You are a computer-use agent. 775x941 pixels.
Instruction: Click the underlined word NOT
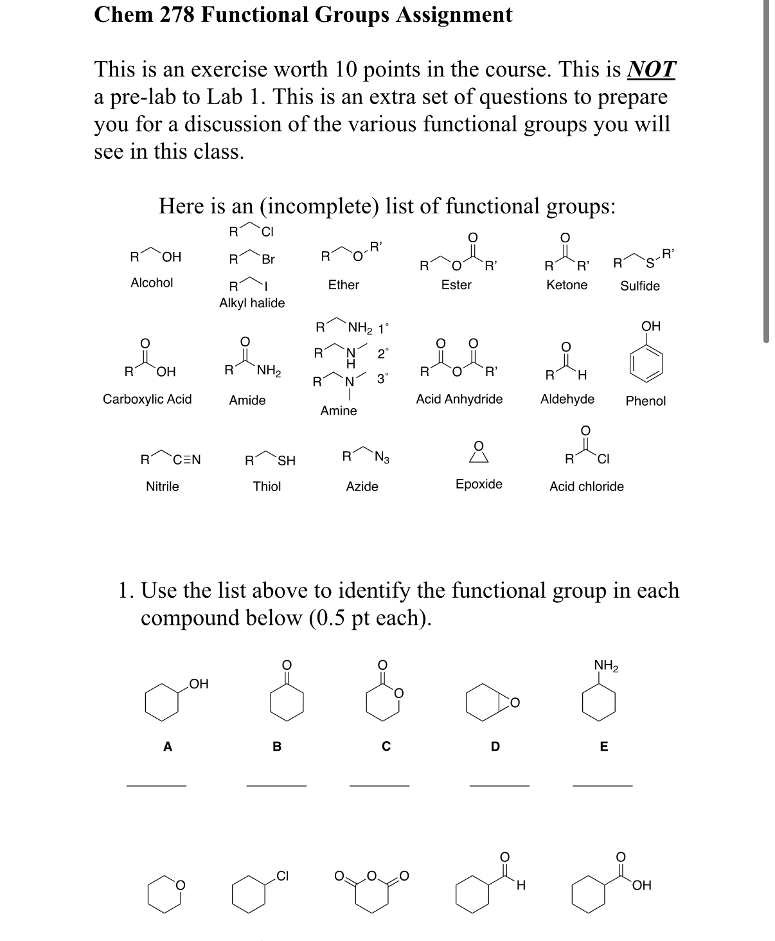pyautogui.click(x=651, y=69)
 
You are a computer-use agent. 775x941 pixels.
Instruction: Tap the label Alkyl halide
pyautogui.click(x=252, y=303)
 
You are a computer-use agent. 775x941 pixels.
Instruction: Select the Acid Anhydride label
pyautogui.click(x=459, y=399)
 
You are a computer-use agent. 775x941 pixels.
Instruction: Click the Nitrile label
pyautogui.click(x=162, y=487)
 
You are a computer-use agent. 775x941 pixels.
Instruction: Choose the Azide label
pyautogui.click(x=362, y=487)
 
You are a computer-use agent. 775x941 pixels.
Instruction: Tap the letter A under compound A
pyautogui.click(x=168, y=746)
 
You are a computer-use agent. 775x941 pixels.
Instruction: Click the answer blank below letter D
pyautogui.click(x=499, y=784)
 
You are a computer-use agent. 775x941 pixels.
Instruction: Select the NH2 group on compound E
pyautogui.click(x=606, y=665)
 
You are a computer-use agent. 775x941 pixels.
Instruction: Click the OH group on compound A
pyautogui.click(x=199, y=684)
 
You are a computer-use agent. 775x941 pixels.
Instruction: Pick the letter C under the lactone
pyautogui.click(x=386, y=746)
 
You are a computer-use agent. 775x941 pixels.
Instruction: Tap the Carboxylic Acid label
pyautogui.click(x=147, y=399)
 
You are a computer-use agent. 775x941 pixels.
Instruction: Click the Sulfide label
pyautogui.click(x=639, y=286)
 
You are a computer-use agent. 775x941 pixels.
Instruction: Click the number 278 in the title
pyautogui.click(x=172, y=14)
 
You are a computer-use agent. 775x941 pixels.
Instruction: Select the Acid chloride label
pyautogui.click(x=586, y=487)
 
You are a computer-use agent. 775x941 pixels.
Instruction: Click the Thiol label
pyautogui.click(x=267, y=487)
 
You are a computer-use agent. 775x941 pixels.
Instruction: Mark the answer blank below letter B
pyautogui.click(x=276, y=784)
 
